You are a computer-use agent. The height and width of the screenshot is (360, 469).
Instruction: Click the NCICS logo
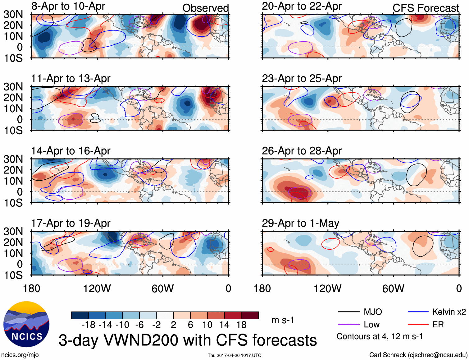pos(26,324)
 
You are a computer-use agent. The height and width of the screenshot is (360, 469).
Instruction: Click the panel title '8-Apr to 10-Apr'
pos(68,6)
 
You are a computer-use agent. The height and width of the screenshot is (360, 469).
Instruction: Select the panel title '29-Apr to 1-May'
pos(300,223)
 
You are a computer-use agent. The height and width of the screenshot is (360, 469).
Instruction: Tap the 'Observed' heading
pos(205,8)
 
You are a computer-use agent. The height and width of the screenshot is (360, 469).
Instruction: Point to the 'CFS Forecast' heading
pos(426,8)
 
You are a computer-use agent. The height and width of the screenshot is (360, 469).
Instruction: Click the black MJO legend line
pos(348,312)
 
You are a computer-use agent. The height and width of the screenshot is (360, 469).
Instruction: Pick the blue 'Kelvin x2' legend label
pos(449,312)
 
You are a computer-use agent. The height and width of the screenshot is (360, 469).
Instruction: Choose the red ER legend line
pos(418,325)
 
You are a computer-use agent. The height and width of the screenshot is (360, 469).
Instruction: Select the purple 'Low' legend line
pos(348,325)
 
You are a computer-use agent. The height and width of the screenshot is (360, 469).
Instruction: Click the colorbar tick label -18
pos(88,325)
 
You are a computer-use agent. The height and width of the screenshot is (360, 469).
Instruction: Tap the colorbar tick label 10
pos(207,325)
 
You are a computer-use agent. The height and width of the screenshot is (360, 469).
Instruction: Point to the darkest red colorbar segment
pos(250,315)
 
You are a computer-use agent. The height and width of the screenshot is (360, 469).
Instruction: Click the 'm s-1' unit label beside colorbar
pos(283,320)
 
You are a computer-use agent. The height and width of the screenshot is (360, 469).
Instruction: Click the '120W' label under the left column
pos(97,288)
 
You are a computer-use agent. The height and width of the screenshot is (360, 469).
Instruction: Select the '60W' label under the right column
pos(393,288)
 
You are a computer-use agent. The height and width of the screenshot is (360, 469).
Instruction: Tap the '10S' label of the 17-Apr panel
pos(13,275)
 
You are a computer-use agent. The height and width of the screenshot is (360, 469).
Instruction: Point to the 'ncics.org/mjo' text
pos(20,355)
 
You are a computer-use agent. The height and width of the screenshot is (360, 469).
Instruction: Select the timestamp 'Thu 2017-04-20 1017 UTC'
pos(234,355)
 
